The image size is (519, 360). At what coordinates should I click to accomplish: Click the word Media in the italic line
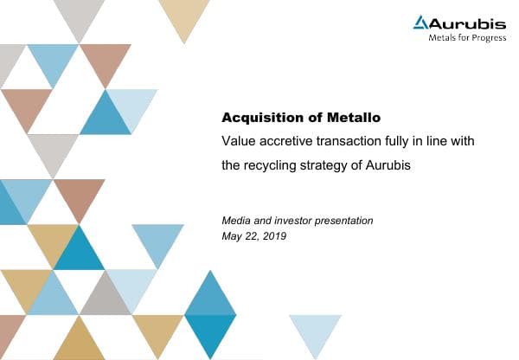click(x=237, y=221)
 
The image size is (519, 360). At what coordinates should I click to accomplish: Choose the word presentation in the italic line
click(x=345, y=221)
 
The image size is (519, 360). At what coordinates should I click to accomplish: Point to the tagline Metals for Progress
click(x=467, y=38)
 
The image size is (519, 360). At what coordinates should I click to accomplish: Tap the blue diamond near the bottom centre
click(x=210, y=314)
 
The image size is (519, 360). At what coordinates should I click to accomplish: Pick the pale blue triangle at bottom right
click(x=315, y=332)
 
